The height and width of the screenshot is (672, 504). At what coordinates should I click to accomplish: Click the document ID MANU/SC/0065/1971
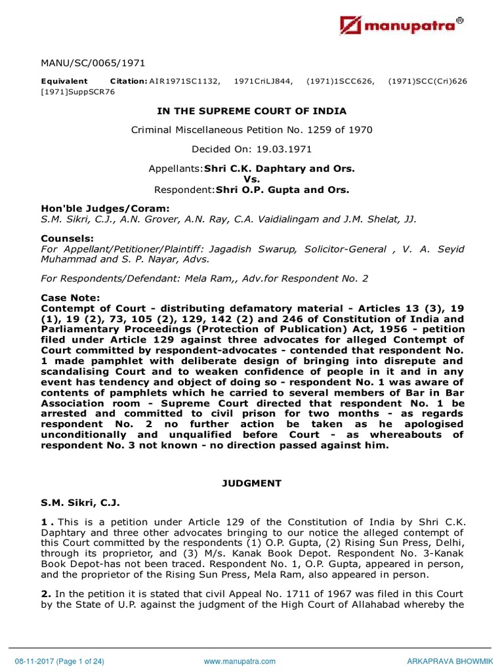pos(93,63)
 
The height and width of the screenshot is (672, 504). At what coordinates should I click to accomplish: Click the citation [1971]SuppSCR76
pos(77,92)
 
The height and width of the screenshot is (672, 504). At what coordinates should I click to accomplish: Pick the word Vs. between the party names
pos(252,179)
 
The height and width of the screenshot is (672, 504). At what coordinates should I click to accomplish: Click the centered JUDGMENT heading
pos(252,484)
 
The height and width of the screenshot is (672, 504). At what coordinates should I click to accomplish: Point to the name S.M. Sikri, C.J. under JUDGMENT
pos(79,503)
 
